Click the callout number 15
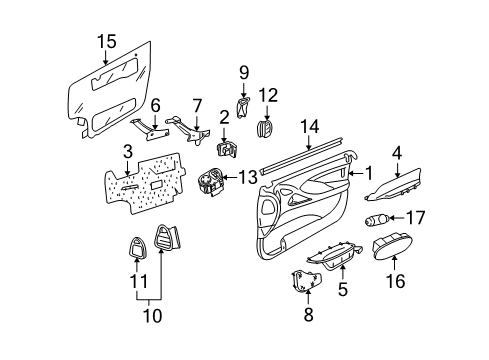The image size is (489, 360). coord(105,41)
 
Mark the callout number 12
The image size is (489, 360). coord(267,96)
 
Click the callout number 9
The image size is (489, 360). coord(243,73)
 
